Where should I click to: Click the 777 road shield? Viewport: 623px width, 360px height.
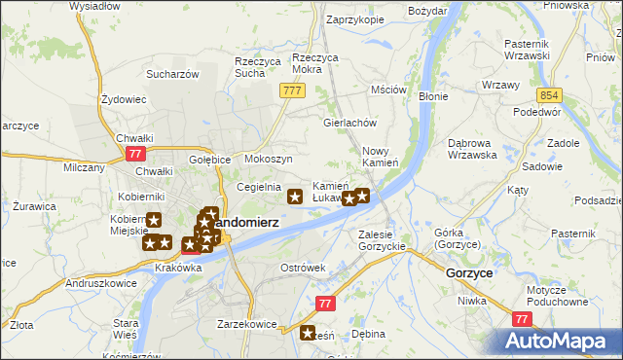(x=290, y=90)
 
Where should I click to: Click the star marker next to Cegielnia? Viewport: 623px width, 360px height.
(x=294, y=198)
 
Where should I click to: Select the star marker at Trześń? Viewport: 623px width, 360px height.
(x=309, y=332)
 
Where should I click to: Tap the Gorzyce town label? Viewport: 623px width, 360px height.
(x=468, y=274)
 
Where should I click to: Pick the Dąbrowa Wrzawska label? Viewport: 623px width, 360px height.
(x=473, y=149)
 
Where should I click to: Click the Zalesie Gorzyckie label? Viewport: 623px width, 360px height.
(x=382, y=240)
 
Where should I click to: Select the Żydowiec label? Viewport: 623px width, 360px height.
(x=124, y=99)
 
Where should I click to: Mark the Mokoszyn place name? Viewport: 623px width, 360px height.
(x=269, y=159)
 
